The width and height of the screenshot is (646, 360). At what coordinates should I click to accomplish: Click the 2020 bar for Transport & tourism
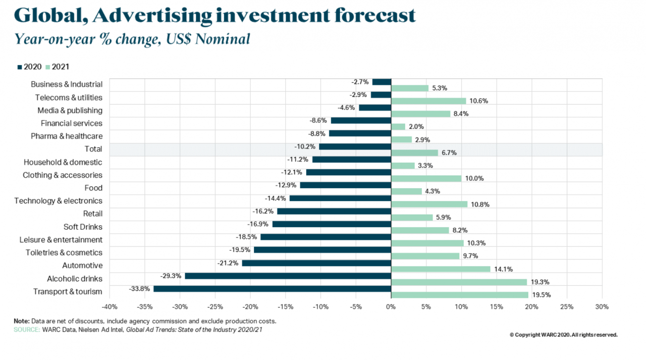click(272, 289)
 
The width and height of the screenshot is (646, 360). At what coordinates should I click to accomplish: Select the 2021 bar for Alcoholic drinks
click(459, 282)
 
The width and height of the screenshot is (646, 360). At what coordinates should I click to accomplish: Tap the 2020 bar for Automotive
click(316, 263)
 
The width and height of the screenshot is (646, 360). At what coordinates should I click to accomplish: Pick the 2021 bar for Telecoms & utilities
click(428, 101)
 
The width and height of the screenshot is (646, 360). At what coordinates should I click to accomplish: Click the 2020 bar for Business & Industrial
click(382, 82)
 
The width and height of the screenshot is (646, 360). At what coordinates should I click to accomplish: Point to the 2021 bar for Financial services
click(398, 127)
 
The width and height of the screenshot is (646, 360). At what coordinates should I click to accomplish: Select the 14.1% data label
click(503, 269)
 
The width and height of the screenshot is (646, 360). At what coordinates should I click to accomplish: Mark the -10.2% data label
click(305, 146)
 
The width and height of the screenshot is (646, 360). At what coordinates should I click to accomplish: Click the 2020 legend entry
click(30, 67)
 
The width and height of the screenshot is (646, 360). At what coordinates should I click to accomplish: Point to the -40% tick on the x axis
click(110, 306)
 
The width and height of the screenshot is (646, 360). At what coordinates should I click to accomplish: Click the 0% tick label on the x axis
click(391, 306)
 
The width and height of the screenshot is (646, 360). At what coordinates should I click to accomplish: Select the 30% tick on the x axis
click(602, 306)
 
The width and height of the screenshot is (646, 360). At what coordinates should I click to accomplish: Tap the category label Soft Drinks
click(83, 227)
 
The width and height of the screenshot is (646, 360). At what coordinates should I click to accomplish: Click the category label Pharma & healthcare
click(67, 136)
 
